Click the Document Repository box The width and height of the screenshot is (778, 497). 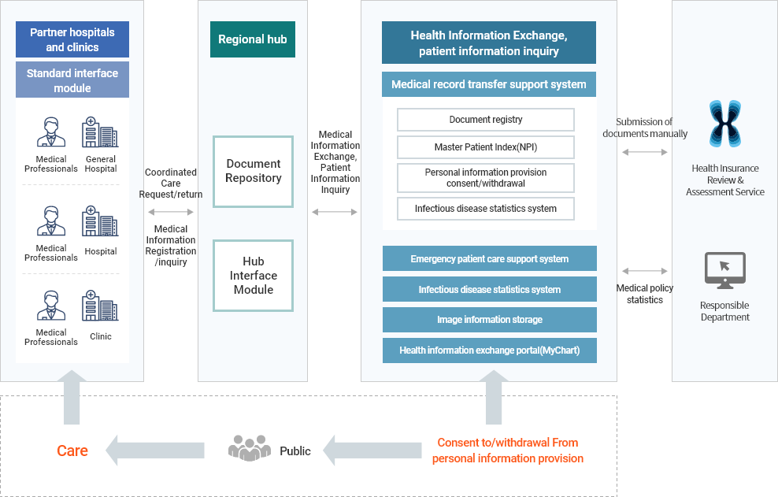[x=253, y=171]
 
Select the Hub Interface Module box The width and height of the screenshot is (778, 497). [x=253, y=275]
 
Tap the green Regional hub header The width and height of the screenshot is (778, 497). [x=253, y=39]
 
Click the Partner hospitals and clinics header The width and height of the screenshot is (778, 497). [x=72, y=39]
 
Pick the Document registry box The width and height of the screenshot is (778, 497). [x=486, y=120]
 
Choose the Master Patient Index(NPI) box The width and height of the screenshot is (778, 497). [x=486, y=147]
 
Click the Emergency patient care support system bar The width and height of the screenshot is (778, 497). [x=489, y=258]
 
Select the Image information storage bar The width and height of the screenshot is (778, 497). [x=489, y=320]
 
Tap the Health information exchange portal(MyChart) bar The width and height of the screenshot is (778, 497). [x=489, y=350]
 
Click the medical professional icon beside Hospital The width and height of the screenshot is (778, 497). [x=51, y=221]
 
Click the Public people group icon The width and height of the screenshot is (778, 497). [x=249, y=449]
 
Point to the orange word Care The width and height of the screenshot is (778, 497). [x=72, y=451]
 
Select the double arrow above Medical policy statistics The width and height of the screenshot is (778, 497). [x=645, y=271]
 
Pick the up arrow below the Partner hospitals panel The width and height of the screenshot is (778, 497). [x=72, y=399]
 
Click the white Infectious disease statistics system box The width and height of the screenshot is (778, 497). [x=486, y=209]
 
